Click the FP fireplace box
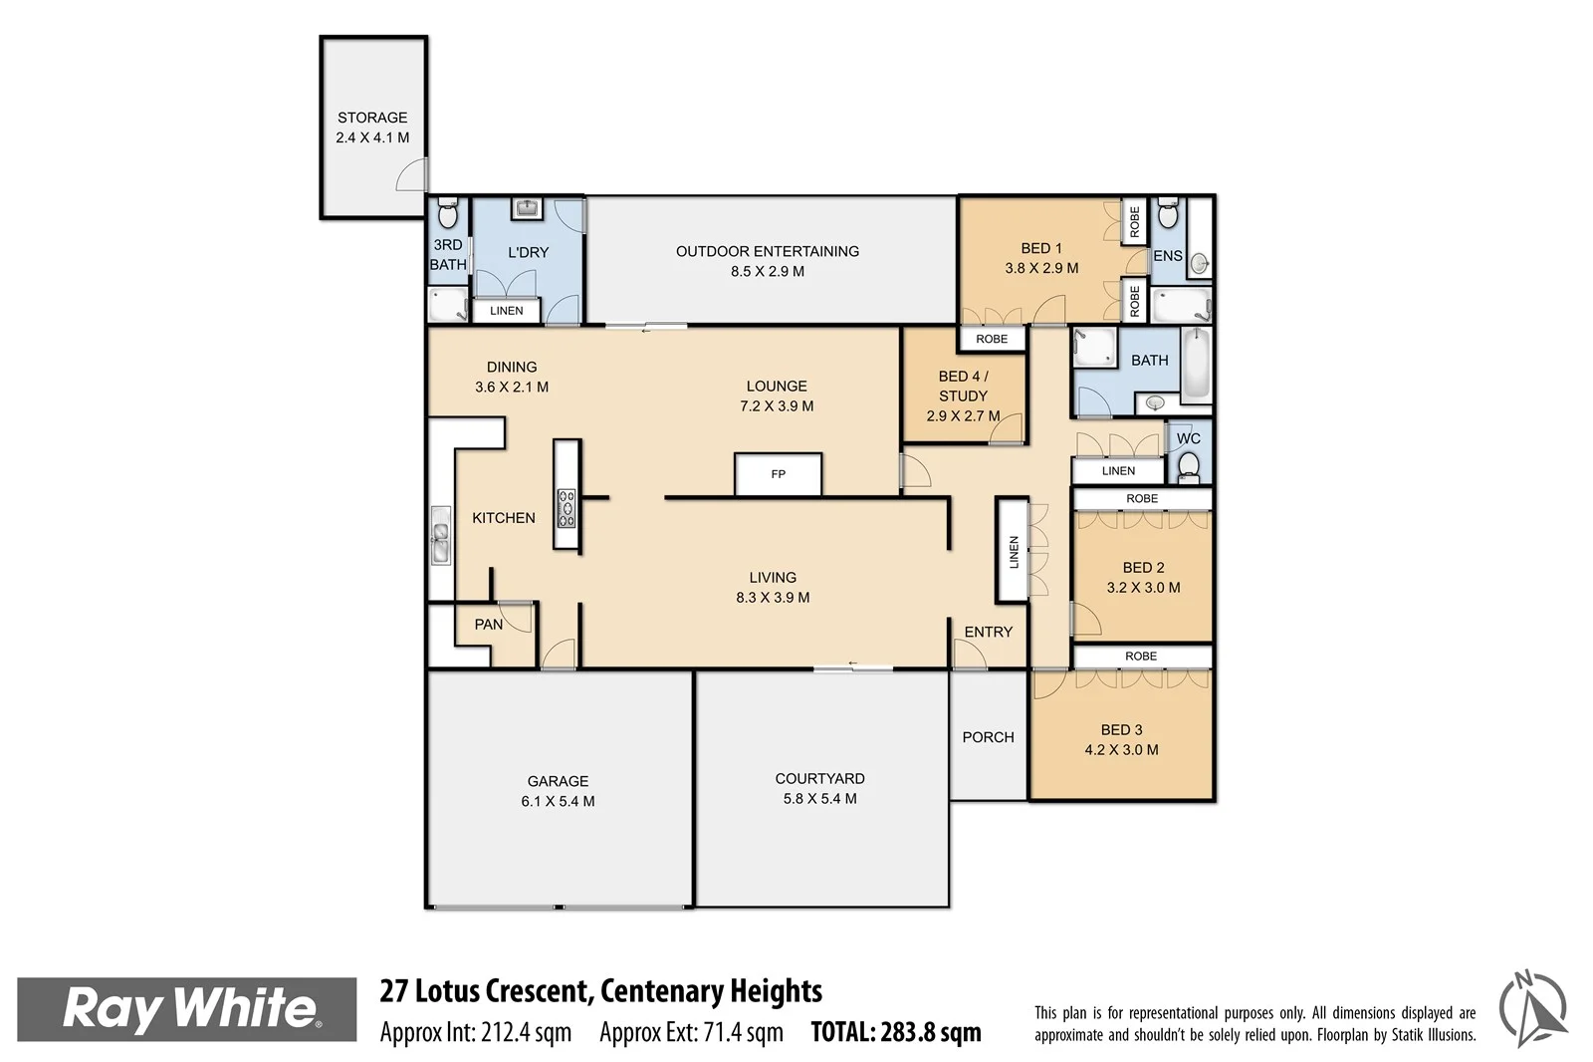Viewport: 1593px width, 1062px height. point(778,474)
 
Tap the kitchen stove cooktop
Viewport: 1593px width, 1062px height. point(566,507)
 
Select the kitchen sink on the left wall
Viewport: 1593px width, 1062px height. point(440,536)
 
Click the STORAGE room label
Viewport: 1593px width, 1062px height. point(372,118)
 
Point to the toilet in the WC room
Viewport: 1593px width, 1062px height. point(1188,464)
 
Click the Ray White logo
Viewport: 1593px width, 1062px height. point(187,1009)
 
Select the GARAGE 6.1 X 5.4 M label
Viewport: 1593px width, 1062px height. point(558,791)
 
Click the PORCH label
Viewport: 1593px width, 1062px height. point(988,737)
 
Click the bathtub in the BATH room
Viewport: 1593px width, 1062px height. point(1196,365)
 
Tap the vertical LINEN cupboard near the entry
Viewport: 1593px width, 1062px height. point(1014,551)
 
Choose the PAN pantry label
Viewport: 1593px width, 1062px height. point(488,625)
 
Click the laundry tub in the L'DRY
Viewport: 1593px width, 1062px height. point(526,208)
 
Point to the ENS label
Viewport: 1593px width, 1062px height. point(1167,256)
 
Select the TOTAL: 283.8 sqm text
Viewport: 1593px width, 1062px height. point(896,1033)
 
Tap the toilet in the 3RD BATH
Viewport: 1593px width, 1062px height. point(447,214)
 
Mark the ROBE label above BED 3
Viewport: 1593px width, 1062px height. point(1141,657)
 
